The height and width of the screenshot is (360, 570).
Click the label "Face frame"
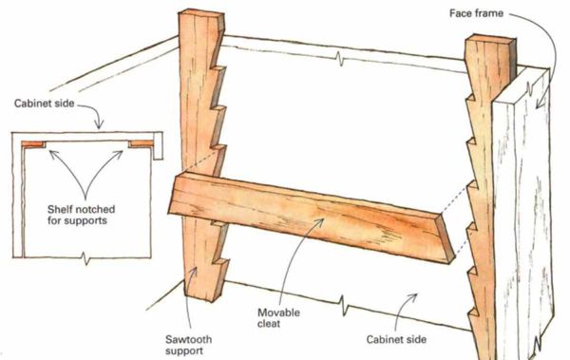click(x=476, y=13)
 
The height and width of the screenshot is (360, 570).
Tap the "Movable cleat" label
click(x=278, y=318)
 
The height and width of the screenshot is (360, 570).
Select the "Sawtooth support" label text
click(x=188, y=345)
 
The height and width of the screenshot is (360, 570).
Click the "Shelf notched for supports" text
click(x=81, y=215)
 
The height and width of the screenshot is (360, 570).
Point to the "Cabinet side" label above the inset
click(x=44, y=104)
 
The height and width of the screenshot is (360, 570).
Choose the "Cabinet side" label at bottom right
click(x=396, y=339)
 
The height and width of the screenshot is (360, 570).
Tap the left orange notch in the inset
click(x=33, y=144)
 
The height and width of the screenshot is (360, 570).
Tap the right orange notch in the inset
click(x=141, y=143)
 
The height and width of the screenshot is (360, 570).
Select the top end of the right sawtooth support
click(x=490, y=39)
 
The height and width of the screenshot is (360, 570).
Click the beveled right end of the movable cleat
click(x=446, y=238)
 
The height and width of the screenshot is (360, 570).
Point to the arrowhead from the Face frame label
click(x=541, y=104)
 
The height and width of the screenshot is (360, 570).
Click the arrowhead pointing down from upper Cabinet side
click(x=99, y=124)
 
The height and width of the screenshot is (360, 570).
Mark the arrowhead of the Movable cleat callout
click(x=320, y=222)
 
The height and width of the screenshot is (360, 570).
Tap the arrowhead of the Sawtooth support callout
click(x=195, y=271)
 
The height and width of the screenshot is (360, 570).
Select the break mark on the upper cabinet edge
click(x=340, y=58)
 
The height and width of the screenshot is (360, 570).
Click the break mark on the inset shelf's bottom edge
click(x=85, y=257)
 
